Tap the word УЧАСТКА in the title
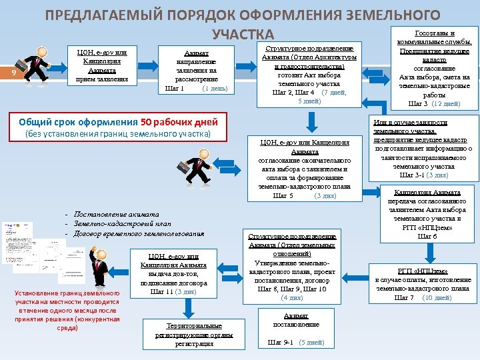tap(242, 34)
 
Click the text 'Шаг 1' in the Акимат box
tap(175, 88)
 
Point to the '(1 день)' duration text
tap(214, 88)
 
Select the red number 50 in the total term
tap(147, 122)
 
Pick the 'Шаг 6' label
tap(427, 237)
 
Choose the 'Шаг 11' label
tap(162, 291)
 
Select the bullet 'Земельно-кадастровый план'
tap(117, 223)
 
